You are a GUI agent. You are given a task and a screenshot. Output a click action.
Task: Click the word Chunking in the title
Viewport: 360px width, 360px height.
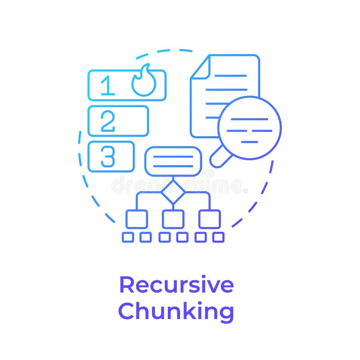pyautogui.click(x=176, y=311)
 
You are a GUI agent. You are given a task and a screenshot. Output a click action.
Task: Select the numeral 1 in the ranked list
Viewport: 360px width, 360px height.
pyautogui.click(x=107, y=85)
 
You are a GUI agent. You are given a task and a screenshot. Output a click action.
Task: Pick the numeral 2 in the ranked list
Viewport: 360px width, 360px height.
pyautogui.click(x=108, y=121)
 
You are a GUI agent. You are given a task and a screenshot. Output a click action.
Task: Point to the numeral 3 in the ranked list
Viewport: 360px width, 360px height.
pyautogui.click(x=108, y=157)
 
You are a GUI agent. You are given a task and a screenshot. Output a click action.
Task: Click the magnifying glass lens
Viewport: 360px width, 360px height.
pyautogui.click(x=249, y=128)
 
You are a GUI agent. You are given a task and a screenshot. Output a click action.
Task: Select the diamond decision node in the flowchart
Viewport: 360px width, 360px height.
pyautogui.click(x=173, y=193)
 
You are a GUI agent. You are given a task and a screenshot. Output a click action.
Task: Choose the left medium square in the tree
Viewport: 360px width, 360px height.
pyautogui.click(x=136, y=219)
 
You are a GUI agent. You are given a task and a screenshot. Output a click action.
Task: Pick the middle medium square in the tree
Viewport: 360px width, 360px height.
pyautogui.click(x=173, y=219)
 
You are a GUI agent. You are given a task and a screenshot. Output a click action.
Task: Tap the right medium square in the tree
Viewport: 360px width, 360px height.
pyautogui.click(x=209, y=219)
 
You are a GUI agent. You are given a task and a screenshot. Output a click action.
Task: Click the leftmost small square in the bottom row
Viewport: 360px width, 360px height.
pyautogui.click(x=128, y=237)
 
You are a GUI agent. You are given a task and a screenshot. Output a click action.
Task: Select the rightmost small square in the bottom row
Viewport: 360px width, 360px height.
pyautogui.click(x=218, y=237)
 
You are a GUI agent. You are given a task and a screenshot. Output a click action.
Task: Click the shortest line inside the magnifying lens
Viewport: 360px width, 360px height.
pyautogui.click(x=249, y=142)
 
